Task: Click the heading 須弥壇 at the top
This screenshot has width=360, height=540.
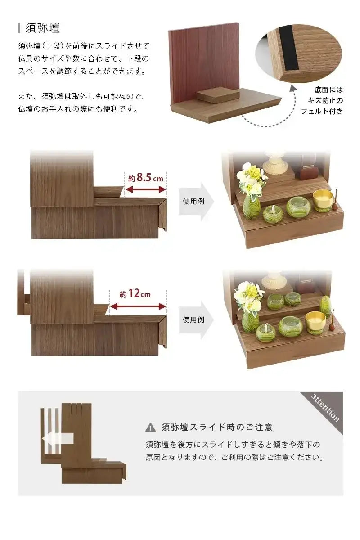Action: pyautogui.click(x=43, y=28)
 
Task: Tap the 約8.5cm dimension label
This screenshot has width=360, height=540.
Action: pyautogui.click(x=145, y=178)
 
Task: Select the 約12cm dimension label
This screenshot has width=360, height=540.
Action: pyautogui.click(x=135, y=294)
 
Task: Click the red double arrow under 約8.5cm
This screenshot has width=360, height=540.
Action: pyautogui.click(x=145, y=190)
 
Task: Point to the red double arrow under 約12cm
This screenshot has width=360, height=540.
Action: pyautogui.click(x=138, y=306)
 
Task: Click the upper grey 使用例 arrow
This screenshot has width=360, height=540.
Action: pyautogui.click(x=196, y=201)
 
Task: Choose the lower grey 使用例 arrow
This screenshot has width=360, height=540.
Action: pyautogui.click(x=196, y=319)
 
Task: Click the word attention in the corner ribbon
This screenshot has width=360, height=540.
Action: pyautogui.click(x=325, y=407)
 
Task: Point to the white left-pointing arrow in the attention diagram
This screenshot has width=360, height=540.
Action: pyautogui.click(x=56, y=439)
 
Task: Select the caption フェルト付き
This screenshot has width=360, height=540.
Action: pyautogui.click(x=322, y=111)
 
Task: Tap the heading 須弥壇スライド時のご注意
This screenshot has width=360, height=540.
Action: pyautogui.click(x=217, y=427)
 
